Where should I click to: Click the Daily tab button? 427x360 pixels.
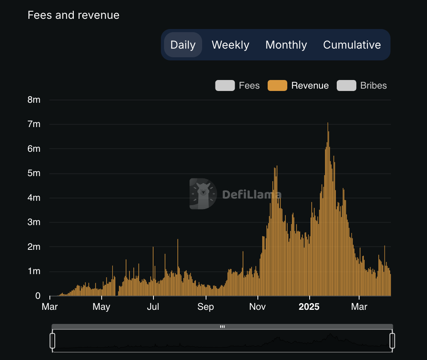pos(183,45)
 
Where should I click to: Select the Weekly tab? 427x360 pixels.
pos(230,45)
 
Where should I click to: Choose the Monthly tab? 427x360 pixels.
pos(286,45)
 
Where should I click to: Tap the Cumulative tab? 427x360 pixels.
pos(352,45)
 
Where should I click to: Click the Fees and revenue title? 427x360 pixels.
pos(73,15)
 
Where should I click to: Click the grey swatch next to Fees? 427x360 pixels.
pos(225,85)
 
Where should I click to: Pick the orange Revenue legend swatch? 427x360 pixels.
pos(277,85)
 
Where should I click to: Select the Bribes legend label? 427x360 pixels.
pos(373,85)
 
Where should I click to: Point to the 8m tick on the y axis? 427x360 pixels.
pos(34,100)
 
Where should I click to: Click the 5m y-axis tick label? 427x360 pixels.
pos(34,173)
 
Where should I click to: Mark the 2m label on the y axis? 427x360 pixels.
pos(34,247)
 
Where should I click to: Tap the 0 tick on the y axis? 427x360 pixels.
pos(38,296)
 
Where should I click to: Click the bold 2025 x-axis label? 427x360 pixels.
pos(309,307)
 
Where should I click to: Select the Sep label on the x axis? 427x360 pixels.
pos(206,307)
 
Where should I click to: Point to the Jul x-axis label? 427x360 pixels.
pos(153,307)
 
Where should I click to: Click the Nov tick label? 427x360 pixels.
pos(257,307)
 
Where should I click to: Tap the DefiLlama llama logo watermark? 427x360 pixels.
pos(203,194)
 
